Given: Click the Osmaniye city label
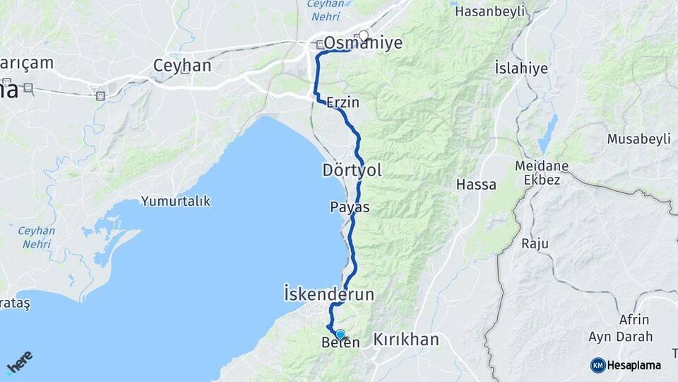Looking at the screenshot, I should coord(363,44).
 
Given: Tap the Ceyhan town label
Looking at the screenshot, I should coord(182,66).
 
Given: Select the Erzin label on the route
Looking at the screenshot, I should coord(343,103).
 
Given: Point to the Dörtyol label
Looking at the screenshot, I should coord(352,170).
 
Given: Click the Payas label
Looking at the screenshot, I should coord(350,207).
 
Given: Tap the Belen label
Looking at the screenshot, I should coord(340,343).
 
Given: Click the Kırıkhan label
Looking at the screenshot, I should coord(406,340).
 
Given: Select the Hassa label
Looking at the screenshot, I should coord(476,185).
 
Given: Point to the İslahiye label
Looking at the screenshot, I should coord(521,69).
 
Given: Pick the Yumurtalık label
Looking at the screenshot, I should coord(176,202).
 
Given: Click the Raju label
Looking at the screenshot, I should coord(535,244).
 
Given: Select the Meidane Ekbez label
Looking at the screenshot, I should coord(542,173).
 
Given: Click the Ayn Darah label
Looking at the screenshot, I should coord(624,337).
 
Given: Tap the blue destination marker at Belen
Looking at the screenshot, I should coord(340,334).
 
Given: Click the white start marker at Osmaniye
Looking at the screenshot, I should coord(364,35).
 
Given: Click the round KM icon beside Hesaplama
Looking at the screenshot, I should coord(598,365).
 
